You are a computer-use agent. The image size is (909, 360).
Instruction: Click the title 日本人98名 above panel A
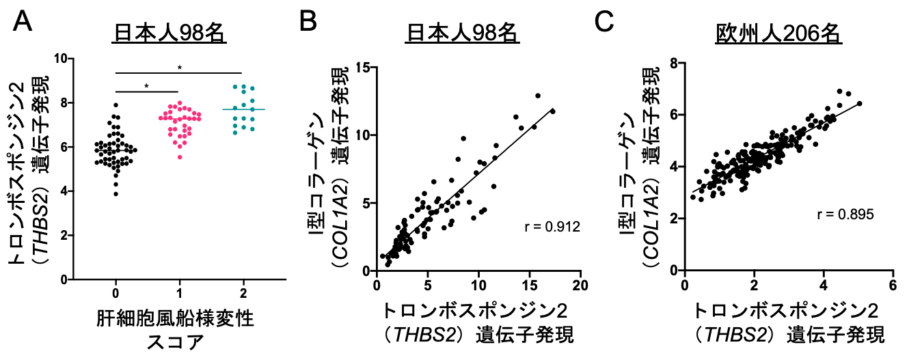coord(170,33)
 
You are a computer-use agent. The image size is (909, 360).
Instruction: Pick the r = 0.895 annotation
coord(845,214)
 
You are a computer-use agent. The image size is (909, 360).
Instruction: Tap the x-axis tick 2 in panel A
coord(242,294)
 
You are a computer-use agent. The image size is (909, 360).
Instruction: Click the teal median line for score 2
coord(243,109)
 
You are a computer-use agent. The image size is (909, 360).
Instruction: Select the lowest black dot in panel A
coord(116,194)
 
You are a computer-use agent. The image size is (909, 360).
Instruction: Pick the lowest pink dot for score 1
coord(180,158)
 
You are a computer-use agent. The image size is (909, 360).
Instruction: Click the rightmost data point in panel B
coord(553,111)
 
